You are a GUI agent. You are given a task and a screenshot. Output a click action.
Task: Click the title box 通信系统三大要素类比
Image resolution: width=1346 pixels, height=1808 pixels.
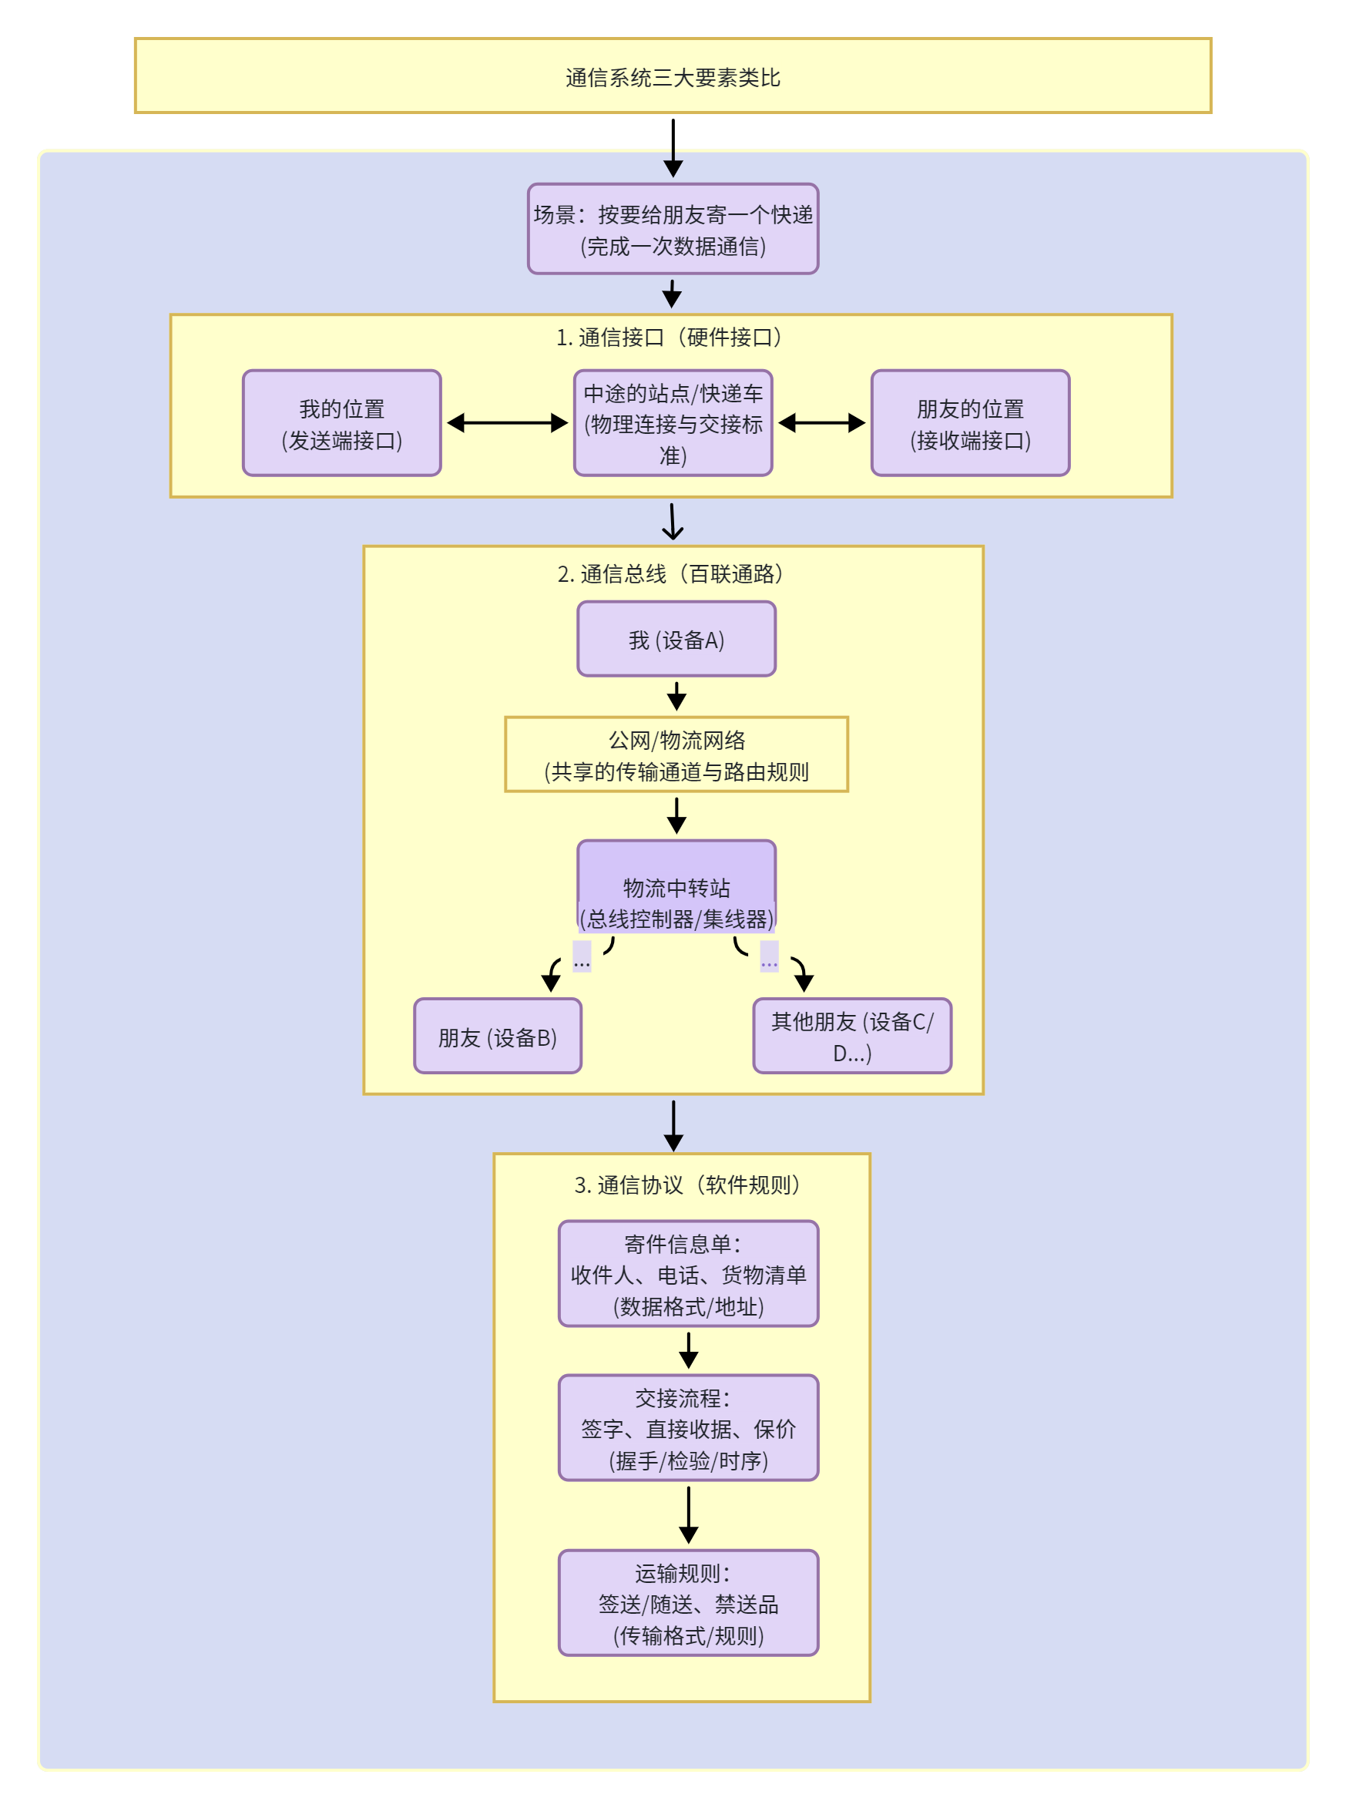673,76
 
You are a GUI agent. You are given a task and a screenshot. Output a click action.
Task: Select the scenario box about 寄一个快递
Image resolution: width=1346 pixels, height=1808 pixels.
673,229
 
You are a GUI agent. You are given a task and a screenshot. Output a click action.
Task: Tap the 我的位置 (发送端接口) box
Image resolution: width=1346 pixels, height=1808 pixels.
342,423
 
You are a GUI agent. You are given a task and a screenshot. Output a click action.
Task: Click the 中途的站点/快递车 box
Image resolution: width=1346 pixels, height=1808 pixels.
673,423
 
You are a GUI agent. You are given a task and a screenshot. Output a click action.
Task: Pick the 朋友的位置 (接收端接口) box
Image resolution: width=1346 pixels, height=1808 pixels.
970,423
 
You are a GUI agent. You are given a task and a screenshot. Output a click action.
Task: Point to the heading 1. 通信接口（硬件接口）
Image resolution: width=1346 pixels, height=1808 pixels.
671,337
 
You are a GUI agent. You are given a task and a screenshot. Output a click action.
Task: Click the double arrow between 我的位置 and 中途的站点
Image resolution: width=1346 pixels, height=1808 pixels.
508,423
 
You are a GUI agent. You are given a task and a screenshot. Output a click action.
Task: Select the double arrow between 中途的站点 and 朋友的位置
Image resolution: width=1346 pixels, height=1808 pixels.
822,423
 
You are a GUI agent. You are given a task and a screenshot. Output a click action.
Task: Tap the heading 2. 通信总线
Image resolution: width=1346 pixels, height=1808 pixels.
671,573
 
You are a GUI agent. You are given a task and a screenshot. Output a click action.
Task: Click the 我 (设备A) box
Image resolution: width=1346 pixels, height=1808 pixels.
676,640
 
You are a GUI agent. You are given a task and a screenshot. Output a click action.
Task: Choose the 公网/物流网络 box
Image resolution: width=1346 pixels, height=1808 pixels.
676,754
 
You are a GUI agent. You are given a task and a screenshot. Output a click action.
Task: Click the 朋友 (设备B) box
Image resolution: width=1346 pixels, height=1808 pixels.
498,1037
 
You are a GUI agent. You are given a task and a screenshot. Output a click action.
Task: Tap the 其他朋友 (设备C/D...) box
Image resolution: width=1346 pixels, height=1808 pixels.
852,1037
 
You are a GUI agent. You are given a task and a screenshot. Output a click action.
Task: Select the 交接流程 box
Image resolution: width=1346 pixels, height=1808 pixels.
689,1428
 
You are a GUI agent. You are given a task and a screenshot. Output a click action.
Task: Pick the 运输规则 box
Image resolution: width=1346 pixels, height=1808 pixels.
689,1604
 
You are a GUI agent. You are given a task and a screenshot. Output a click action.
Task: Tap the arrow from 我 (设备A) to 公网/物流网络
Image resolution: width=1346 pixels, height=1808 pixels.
676,697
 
